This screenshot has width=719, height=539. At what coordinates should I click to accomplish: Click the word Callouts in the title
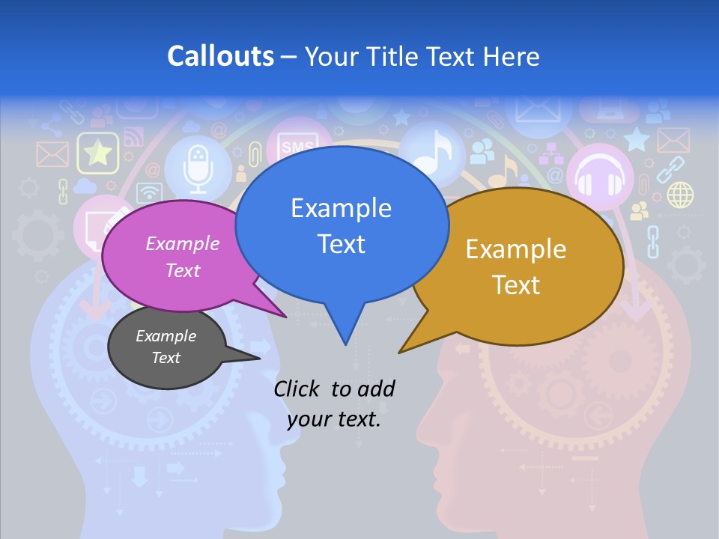tap(221, 56)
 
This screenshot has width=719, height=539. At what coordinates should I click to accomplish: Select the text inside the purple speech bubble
tap(183, 257)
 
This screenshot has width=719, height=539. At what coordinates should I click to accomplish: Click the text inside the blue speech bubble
tap(341, 225)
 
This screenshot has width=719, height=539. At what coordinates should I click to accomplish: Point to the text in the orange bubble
tap(516, 267)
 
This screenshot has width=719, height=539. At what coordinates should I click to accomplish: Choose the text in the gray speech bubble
tap(166, 347)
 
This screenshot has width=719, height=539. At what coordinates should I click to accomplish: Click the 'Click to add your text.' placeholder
tap(334, 404)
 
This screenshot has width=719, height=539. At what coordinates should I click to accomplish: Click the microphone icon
tap(198, 168)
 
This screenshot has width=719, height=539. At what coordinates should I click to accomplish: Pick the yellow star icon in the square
tap(98, 153)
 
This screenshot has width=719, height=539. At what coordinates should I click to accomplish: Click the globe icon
tap(680, 195)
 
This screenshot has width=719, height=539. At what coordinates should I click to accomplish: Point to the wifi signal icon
tap(150, 192)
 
